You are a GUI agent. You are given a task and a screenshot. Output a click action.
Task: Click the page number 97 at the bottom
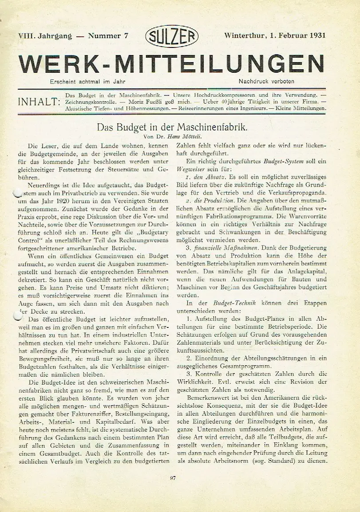[x=174, y=478]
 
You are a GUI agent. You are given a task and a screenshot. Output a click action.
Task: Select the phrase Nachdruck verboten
[x=266, y=81]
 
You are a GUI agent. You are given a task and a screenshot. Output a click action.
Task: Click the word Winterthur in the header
[x=246, y=36]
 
